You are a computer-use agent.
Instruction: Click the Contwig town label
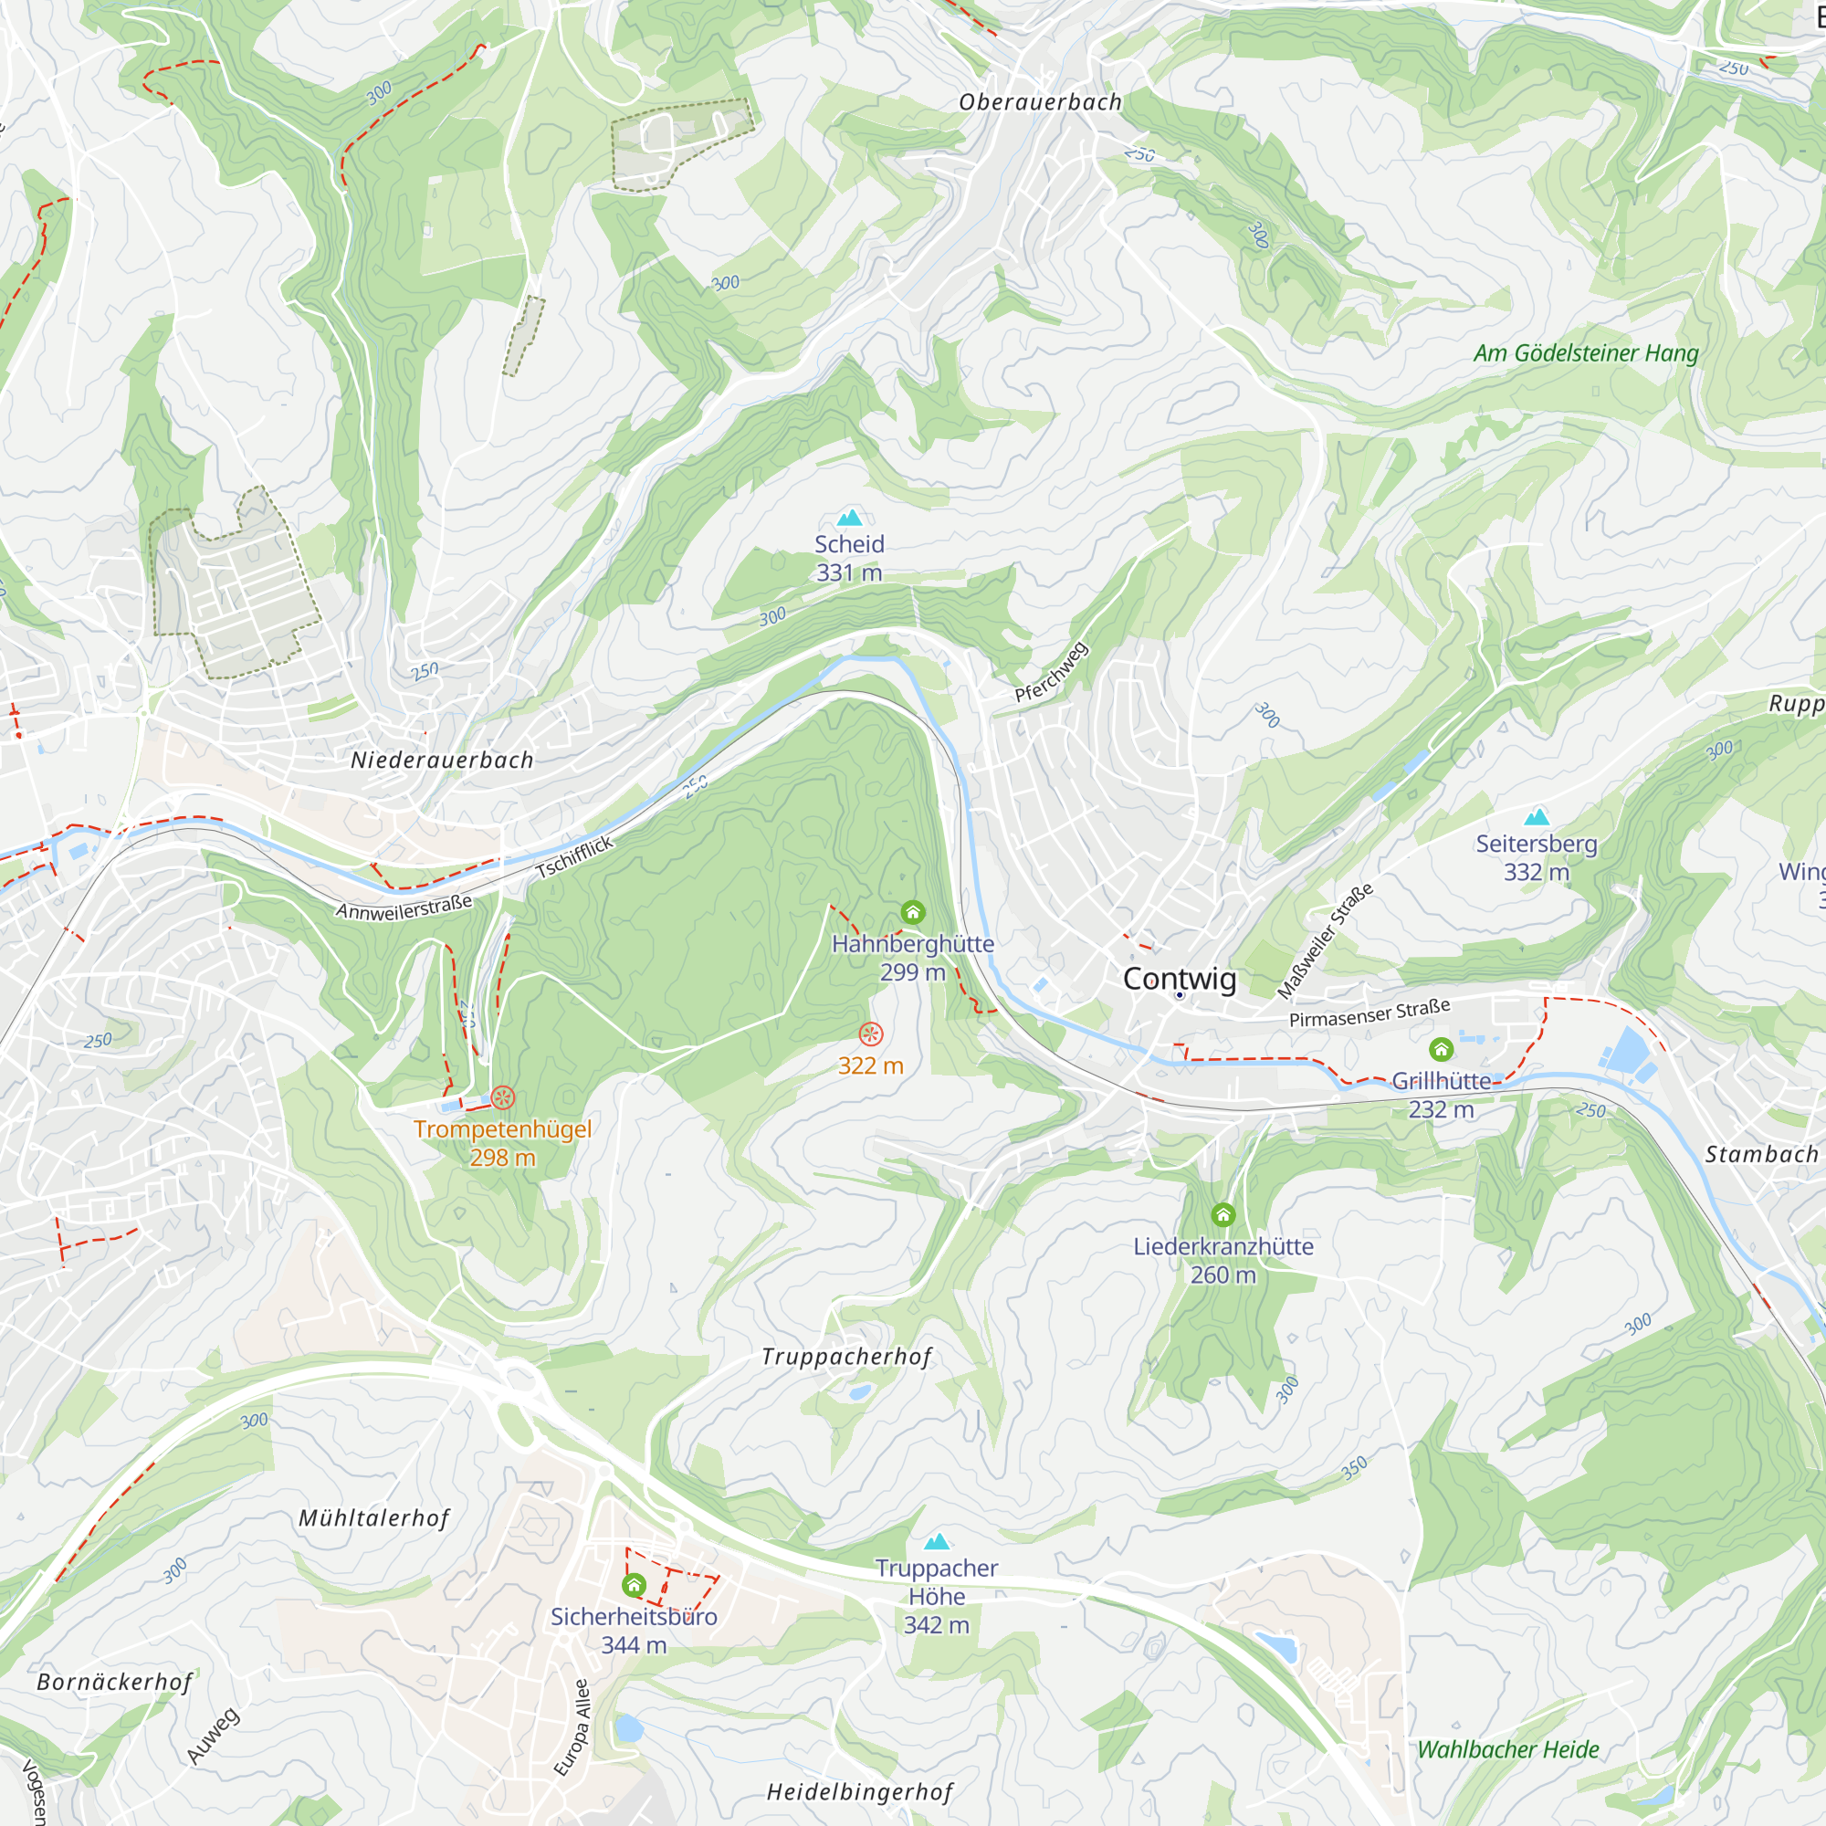point(1179,978)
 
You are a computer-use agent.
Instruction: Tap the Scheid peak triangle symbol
point(850,517)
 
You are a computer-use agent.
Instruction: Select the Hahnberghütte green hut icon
point(912,912)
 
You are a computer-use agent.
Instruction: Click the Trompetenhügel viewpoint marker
point(503,1097)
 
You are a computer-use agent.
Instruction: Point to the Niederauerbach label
point(441,760)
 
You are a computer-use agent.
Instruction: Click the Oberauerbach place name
point(1040,102)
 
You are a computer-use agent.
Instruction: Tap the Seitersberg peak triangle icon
point(1537,816)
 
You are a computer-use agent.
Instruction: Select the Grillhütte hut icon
point(1441,1049)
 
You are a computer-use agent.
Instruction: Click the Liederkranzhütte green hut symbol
point(1223,1214)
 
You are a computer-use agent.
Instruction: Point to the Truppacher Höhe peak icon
point(937,1541)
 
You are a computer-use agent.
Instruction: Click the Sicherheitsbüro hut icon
point(635,1585)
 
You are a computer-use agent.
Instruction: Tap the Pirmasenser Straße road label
point(1369,1013)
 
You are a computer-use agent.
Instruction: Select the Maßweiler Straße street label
point(1325,941)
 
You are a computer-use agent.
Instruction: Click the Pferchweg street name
point(1052,672)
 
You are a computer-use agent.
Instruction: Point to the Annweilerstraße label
point(404,908)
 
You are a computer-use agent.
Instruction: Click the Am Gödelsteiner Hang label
point(1586,353)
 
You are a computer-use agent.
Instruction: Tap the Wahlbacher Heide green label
point(1507,1749)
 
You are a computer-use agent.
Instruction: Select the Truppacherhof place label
point(847,1358)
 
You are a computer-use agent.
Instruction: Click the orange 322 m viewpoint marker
point(870,1034)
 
